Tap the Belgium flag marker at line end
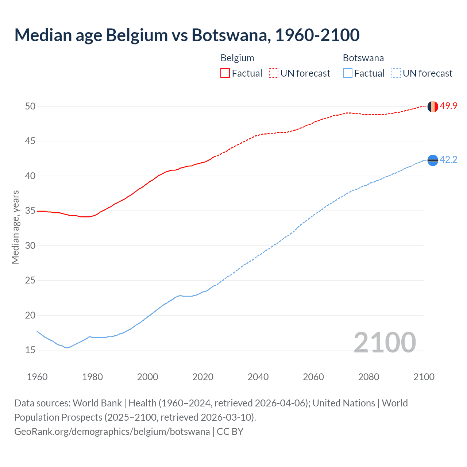(x=432, y=107)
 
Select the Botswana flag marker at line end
(x=432, y=160)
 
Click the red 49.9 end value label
(x=448, y=106)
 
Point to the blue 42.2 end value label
(x=448, y=160)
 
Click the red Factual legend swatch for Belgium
(x=225, y=73)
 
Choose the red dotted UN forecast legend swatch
(x=274, y=73)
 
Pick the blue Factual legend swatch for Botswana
(x=348, y=73)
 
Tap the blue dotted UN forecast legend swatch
(x=396, y=73)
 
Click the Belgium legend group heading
(x=237, y=58)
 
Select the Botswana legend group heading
(x=363, y=58)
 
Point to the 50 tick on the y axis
(x=30, y=106)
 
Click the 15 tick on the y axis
(x=30, y=350)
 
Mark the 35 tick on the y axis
(x=30, y=211)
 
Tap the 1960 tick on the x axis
(x=37, y=377)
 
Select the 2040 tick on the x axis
(x=258, y=377)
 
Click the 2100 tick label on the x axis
(x=424, y=377)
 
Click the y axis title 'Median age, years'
(x=15, y=227)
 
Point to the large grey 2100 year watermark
(x=385, y=342)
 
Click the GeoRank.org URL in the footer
(x=112, y=432)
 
